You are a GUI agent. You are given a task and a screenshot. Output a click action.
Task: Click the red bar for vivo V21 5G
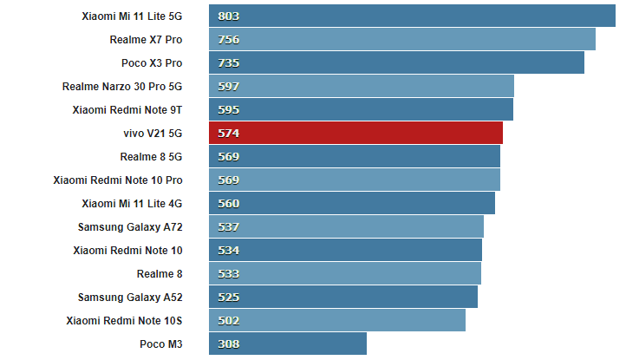pyautogui.click(x=355, y=133)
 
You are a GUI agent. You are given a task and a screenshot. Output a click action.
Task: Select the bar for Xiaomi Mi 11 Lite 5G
pyautogui.click(x=412, y=16)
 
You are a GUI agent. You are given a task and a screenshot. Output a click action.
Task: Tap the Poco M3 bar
pyautogui.click(x=288, y=344)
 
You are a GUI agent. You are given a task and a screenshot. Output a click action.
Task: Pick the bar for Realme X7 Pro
pyautogui.click(x=402, y=39)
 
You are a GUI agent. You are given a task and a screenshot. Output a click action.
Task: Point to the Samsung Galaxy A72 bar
pyautogui.click(x=346, y=226)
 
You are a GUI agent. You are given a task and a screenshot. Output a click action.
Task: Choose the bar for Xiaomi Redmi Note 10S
pyautogui.click(x=337, y=320)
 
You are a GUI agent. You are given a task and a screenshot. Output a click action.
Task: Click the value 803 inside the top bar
pyautogui.click(x=229, y=16)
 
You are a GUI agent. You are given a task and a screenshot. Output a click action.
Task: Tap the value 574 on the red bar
pyautogui.click(x=229, y=133)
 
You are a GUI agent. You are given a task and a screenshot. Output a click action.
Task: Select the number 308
pyautogui.click(x=229, y=344)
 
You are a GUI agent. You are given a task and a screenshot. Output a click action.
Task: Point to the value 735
pyautogui.click(x=229, y=62)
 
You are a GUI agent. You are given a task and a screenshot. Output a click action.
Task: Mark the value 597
pyautogui.click(x=229, y=86)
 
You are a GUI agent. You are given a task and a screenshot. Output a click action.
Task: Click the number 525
pyautogui.click(x=229, y=297)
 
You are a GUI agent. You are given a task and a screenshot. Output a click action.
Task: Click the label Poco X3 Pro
pyautogui.click(x=152, y=62)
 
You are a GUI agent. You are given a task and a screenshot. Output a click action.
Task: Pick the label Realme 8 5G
pyautogui.click(x=151, y=156)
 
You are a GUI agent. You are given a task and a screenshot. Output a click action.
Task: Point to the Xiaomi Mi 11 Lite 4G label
pyautogui.click(x=132, y=203)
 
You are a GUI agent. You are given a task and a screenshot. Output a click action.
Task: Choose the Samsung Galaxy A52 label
pyautogui.click(x=130, y=297)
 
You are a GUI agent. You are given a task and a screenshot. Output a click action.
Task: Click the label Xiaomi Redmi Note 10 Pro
pyautogui.click(x=118, y=180)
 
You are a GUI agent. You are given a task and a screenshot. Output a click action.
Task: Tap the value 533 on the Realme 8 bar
pyautogui.click(x=229, y=273)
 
